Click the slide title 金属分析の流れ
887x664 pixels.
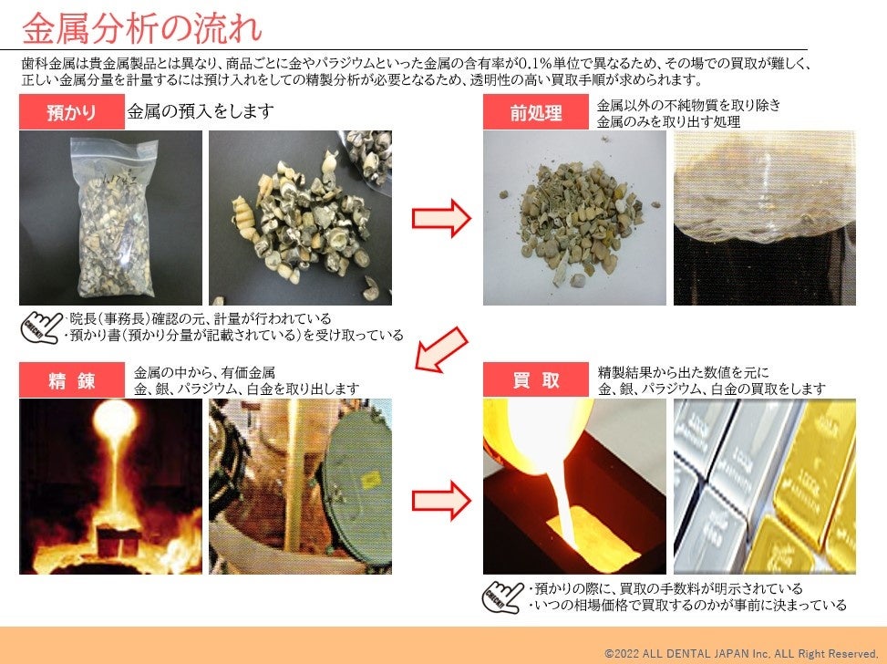click(142, 28)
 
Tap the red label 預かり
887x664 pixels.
click(72, 112)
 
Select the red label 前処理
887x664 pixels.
click(536, 112)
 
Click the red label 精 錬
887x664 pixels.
click(72, 380)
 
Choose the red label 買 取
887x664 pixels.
click(536, 380)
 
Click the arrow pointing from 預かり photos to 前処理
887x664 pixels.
click(441, 218)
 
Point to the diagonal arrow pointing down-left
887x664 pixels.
click(441, 350)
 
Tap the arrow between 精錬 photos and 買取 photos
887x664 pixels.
click(441, 501)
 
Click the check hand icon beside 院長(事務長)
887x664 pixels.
click(41, 327)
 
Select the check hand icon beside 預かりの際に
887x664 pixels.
click(502, 597)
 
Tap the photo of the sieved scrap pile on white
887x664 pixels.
click(574, 218)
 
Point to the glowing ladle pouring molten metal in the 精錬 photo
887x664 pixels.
click(115, 419)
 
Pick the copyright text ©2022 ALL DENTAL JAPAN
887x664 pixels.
click(741, 653)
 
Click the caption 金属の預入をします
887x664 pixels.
click(201, 111)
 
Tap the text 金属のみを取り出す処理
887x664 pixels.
click(668, 121)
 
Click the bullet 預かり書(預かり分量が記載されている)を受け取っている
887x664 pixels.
click(234, 335)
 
